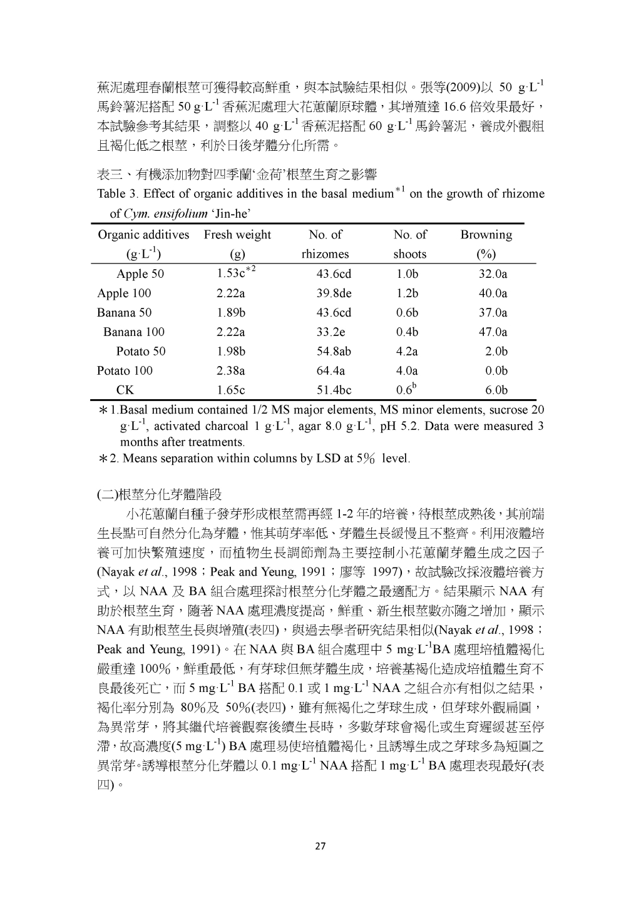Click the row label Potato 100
(125, 370)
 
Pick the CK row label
(125, 390)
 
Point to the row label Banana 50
(124, 312)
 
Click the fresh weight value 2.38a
(230, 370)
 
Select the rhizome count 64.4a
(331, 370)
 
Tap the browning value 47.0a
(493, 332)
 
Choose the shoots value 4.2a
(407, 351)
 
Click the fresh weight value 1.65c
(230, 390)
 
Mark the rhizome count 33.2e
(331, 332)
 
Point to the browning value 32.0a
(493, 273)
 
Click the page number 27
(320, 847)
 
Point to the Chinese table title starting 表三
(237, 173)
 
